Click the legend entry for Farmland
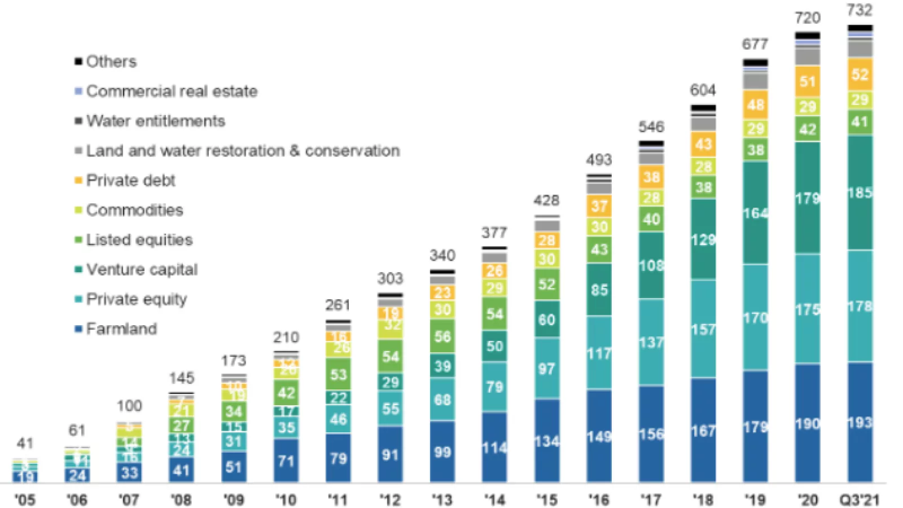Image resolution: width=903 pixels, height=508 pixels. [121, 329]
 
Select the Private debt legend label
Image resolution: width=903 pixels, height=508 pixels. [130, 180]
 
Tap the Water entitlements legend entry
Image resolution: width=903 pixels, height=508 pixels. [155, 121]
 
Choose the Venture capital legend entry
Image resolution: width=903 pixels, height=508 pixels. [142, 269]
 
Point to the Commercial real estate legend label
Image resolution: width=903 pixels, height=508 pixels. [172, 91]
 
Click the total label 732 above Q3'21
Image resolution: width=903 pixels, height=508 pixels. [860, 10]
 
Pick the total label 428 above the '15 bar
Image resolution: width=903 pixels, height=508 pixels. [546, 200]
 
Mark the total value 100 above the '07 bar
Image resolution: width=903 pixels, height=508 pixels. [129, 406]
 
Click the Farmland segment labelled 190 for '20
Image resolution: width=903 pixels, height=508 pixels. [808, 423]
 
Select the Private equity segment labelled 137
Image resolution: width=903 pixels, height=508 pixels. [651, 342]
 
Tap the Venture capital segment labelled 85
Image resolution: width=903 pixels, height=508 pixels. [599, 290]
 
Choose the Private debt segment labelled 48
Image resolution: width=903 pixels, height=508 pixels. [756, 104]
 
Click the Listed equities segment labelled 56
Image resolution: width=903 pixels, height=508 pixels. [442, 336]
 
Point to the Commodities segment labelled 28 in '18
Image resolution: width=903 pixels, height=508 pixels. [703, 167]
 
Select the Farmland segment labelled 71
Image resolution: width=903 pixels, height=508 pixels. [286, 461]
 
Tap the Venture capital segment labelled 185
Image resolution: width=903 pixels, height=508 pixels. [860, 192]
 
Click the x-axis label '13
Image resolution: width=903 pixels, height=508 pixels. [442, 500]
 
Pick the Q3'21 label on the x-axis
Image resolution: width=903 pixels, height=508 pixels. [860, 500]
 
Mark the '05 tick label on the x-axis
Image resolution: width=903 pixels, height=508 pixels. [25, 500]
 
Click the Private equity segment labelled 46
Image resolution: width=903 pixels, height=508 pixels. [338, 419]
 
